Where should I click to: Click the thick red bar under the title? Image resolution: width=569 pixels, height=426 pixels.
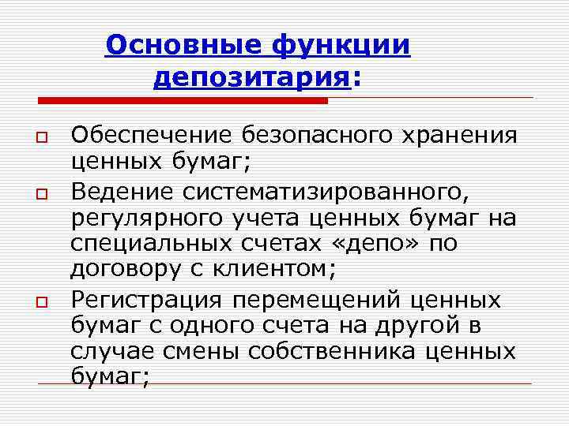(183, 101)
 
